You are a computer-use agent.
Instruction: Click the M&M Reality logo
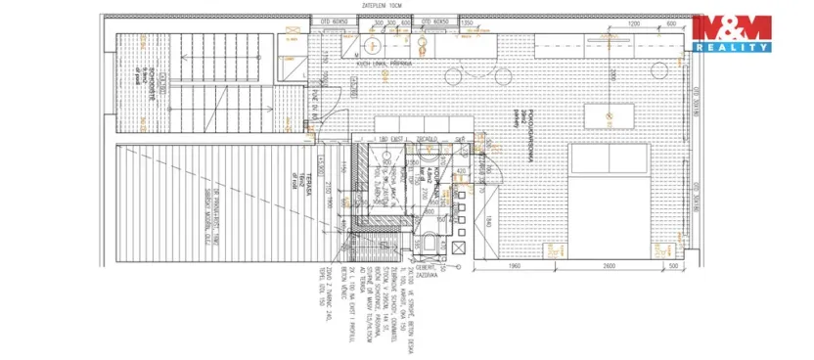[x=732, y=32]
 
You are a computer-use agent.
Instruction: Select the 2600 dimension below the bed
[x=608, y=265]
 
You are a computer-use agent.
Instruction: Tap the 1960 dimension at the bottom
[x=514, y=265]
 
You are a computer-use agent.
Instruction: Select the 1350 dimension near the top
[x=467, y=22]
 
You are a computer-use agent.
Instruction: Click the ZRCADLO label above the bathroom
[x=428, y=139]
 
